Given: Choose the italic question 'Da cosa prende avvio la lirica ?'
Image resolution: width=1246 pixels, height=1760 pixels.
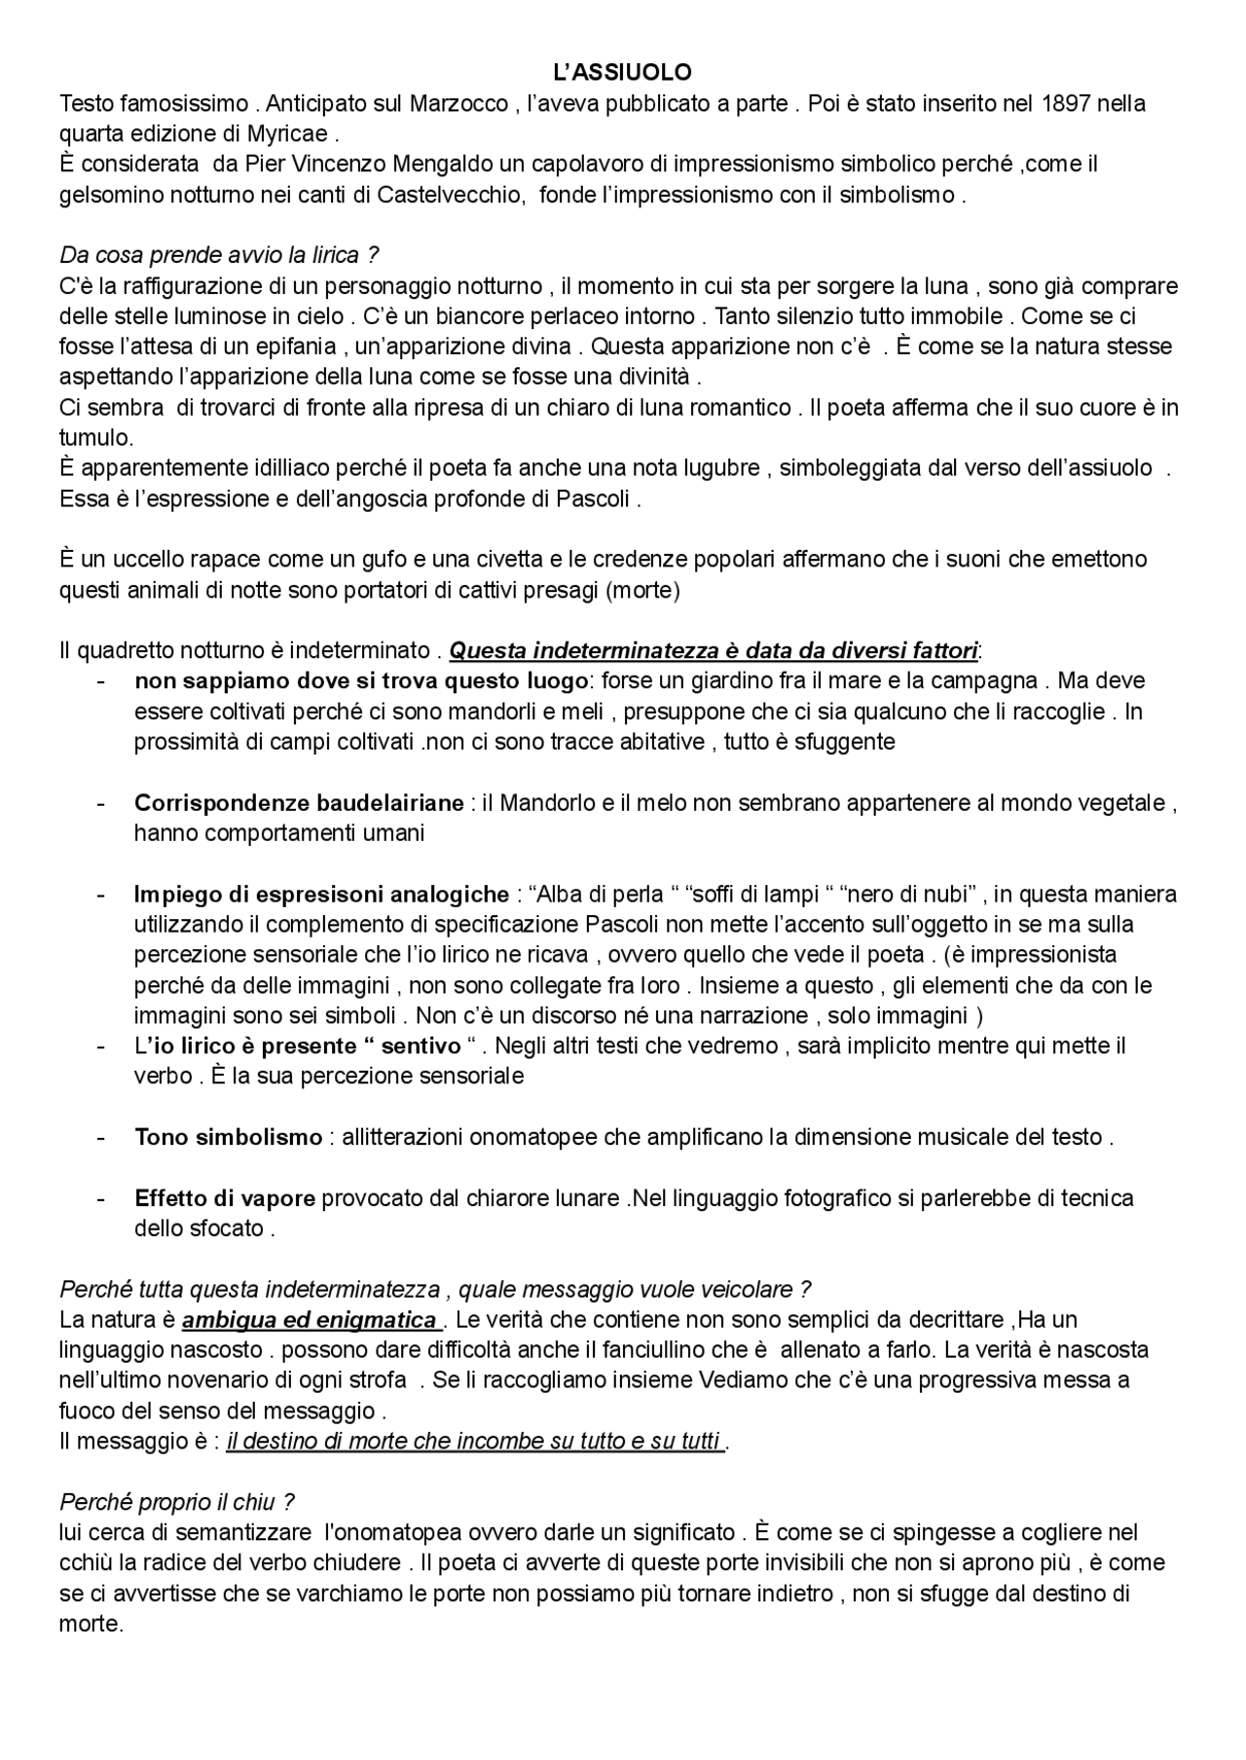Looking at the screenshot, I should pyautogui.click(x=219, y=255).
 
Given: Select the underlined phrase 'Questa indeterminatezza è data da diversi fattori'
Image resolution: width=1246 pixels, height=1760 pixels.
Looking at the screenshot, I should pyautogui.click(x=713, y=650).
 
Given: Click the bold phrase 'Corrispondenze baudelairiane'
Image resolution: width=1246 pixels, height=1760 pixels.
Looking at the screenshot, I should pyautogui.click(x=299, y=803).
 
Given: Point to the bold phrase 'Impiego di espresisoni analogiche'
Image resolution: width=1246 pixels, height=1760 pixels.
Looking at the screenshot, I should pyautogui.click(x=321, y=894).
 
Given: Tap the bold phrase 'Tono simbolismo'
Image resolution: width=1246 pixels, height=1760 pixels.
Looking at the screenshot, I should pyautogui.click(x=228, y=1137).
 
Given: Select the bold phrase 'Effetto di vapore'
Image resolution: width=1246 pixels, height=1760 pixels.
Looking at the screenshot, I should pyautogui.click(x=225, y=1197).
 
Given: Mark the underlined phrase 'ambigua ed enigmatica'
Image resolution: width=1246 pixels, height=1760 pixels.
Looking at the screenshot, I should pyautogui.click(x=310, y=1320).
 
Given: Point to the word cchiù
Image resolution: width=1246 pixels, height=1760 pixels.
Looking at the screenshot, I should pyautogui.click(x=85, y=1563).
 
